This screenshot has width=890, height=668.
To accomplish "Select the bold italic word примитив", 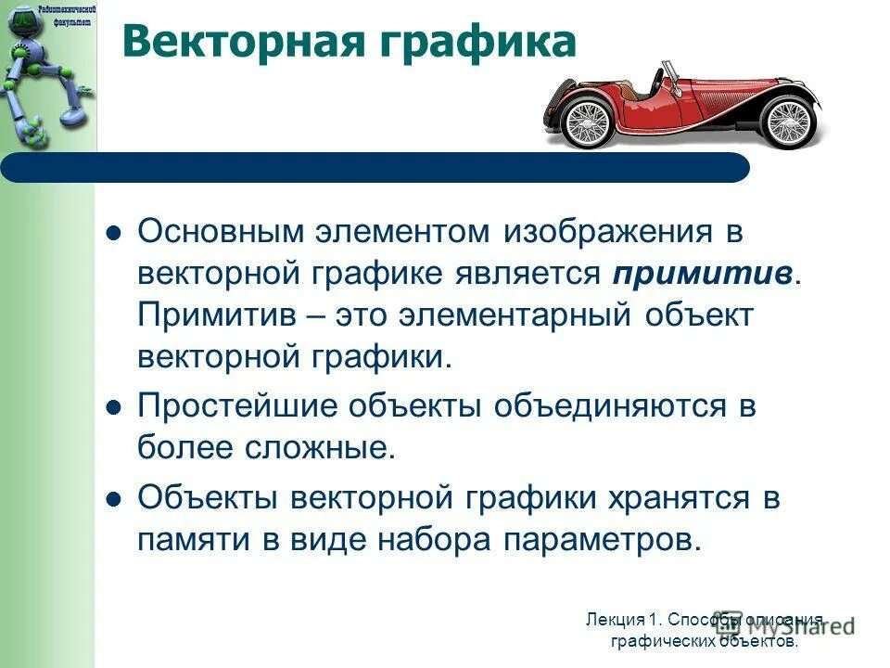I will tap(702, 275).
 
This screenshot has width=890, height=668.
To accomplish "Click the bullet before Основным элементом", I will tap(114, 235).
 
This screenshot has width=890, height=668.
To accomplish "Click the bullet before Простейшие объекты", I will tap(114, 408).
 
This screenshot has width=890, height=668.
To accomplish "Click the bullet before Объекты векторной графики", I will tap(114, 499).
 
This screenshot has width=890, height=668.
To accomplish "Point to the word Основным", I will tap(225, 233).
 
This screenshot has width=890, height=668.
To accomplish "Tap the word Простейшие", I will tap(235, 407).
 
